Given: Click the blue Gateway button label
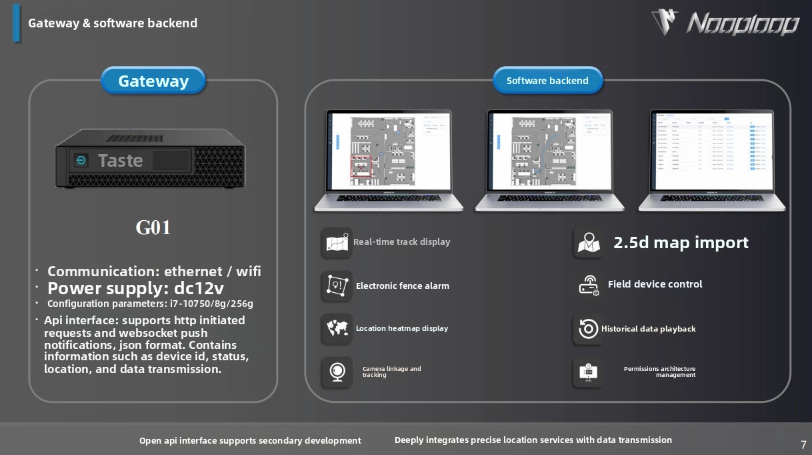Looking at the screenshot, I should click(x=153, y=81).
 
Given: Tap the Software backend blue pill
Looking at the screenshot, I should click(x=547, y=81).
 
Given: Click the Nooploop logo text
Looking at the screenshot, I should click(x=741, y=24).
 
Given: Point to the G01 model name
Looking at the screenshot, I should click(x=153, y=227).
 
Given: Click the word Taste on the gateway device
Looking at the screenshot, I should click(x=120, y=160).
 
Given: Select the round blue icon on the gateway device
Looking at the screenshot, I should click(x=81, y=160).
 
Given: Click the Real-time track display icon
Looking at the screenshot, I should click(x=337, y=243).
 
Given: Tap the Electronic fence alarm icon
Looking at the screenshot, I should click(x=337, y=286).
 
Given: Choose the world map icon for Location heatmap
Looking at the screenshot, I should click(x=337, y=329).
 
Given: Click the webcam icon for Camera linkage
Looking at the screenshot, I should click(x=337, y=372).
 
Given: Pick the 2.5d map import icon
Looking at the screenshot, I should click(x=589, y=243).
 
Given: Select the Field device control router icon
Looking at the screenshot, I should click(x=589, y=286).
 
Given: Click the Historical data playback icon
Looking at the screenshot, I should click(x=589, y=329).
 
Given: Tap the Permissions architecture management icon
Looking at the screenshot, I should click(x=587, y=372).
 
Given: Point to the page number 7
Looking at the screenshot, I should click(x=803, y=445).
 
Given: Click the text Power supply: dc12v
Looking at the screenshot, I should click(x=135, y=288).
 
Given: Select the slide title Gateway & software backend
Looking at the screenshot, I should click(x=113, y=23).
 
